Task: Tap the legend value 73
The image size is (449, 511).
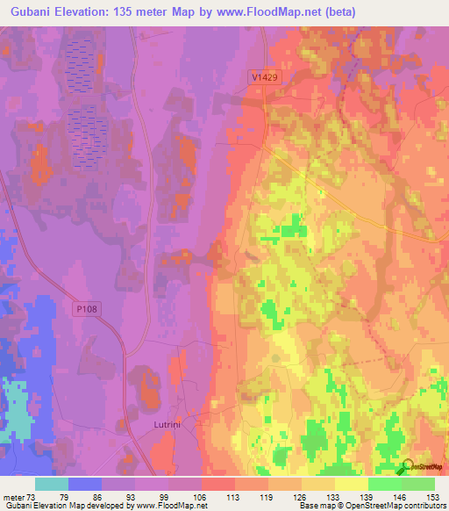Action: coord(31,498)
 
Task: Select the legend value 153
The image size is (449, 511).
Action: coord(435,498)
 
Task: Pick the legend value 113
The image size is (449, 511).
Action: coord(235,498)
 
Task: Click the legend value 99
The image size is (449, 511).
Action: coord(168,498)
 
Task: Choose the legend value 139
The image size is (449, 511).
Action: coord(368,498)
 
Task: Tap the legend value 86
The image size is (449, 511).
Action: coord(102,498)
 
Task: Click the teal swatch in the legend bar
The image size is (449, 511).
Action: coord(52,484)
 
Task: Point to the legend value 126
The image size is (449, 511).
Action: coord(302,498)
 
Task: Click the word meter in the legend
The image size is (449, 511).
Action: coord(13,498)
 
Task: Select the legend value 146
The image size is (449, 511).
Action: coord(402,498)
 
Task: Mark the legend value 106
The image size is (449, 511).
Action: coord(202,498)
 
